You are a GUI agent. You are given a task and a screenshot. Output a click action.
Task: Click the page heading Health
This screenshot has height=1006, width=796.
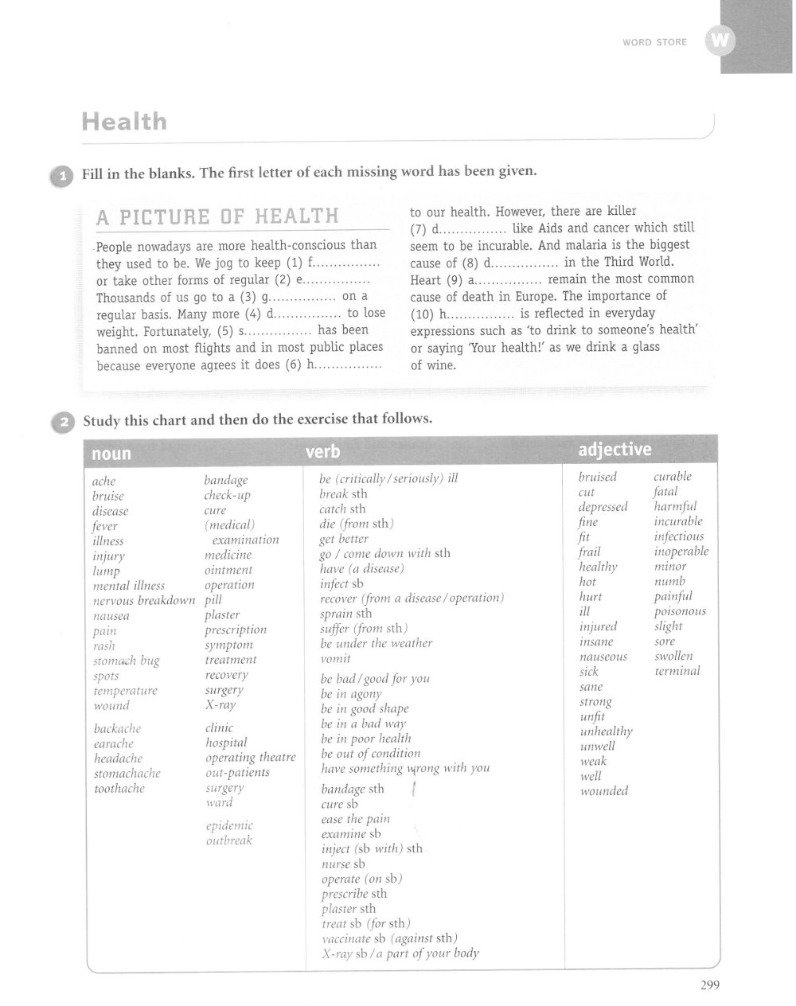(124, 122)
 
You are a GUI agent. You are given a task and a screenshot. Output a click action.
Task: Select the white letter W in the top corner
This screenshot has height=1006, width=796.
(719, 41)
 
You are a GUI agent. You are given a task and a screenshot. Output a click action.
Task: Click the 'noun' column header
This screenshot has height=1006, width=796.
(111, 454)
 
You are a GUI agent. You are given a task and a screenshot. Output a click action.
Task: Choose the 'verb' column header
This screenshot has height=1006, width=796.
(322, 452)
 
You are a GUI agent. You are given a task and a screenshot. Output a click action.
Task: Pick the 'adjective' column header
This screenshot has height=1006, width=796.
(615, 450)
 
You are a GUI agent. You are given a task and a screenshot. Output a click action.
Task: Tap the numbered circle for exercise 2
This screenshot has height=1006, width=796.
(62, 423)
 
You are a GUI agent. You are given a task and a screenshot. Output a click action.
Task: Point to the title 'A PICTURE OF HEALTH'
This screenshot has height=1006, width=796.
(217, 216)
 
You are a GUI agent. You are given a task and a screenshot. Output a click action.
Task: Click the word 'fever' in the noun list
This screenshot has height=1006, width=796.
(104, 526)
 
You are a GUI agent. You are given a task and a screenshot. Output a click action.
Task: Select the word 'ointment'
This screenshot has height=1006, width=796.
(228, 570)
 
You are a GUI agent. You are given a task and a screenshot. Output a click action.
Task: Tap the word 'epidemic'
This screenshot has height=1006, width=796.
(229, 825)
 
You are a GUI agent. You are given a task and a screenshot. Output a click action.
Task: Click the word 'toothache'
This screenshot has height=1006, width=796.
(119, 789)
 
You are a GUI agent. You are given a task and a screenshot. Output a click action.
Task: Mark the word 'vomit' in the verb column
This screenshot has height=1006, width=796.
(335, 658)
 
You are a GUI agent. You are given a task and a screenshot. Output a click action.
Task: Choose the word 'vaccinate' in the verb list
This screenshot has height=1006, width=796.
(347, 938)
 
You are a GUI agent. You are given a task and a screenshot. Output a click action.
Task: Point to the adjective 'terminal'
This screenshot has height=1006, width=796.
(677, 671)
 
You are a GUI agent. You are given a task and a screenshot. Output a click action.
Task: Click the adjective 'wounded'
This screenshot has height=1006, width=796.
(604, 791)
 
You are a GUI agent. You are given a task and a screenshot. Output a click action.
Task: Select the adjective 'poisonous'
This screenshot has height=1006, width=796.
(680, 611)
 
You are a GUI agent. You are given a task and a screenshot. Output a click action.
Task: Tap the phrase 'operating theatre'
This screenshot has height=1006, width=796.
(250, 758)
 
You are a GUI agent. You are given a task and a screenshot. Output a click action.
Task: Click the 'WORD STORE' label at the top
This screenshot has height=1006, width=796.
(654, 42)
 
